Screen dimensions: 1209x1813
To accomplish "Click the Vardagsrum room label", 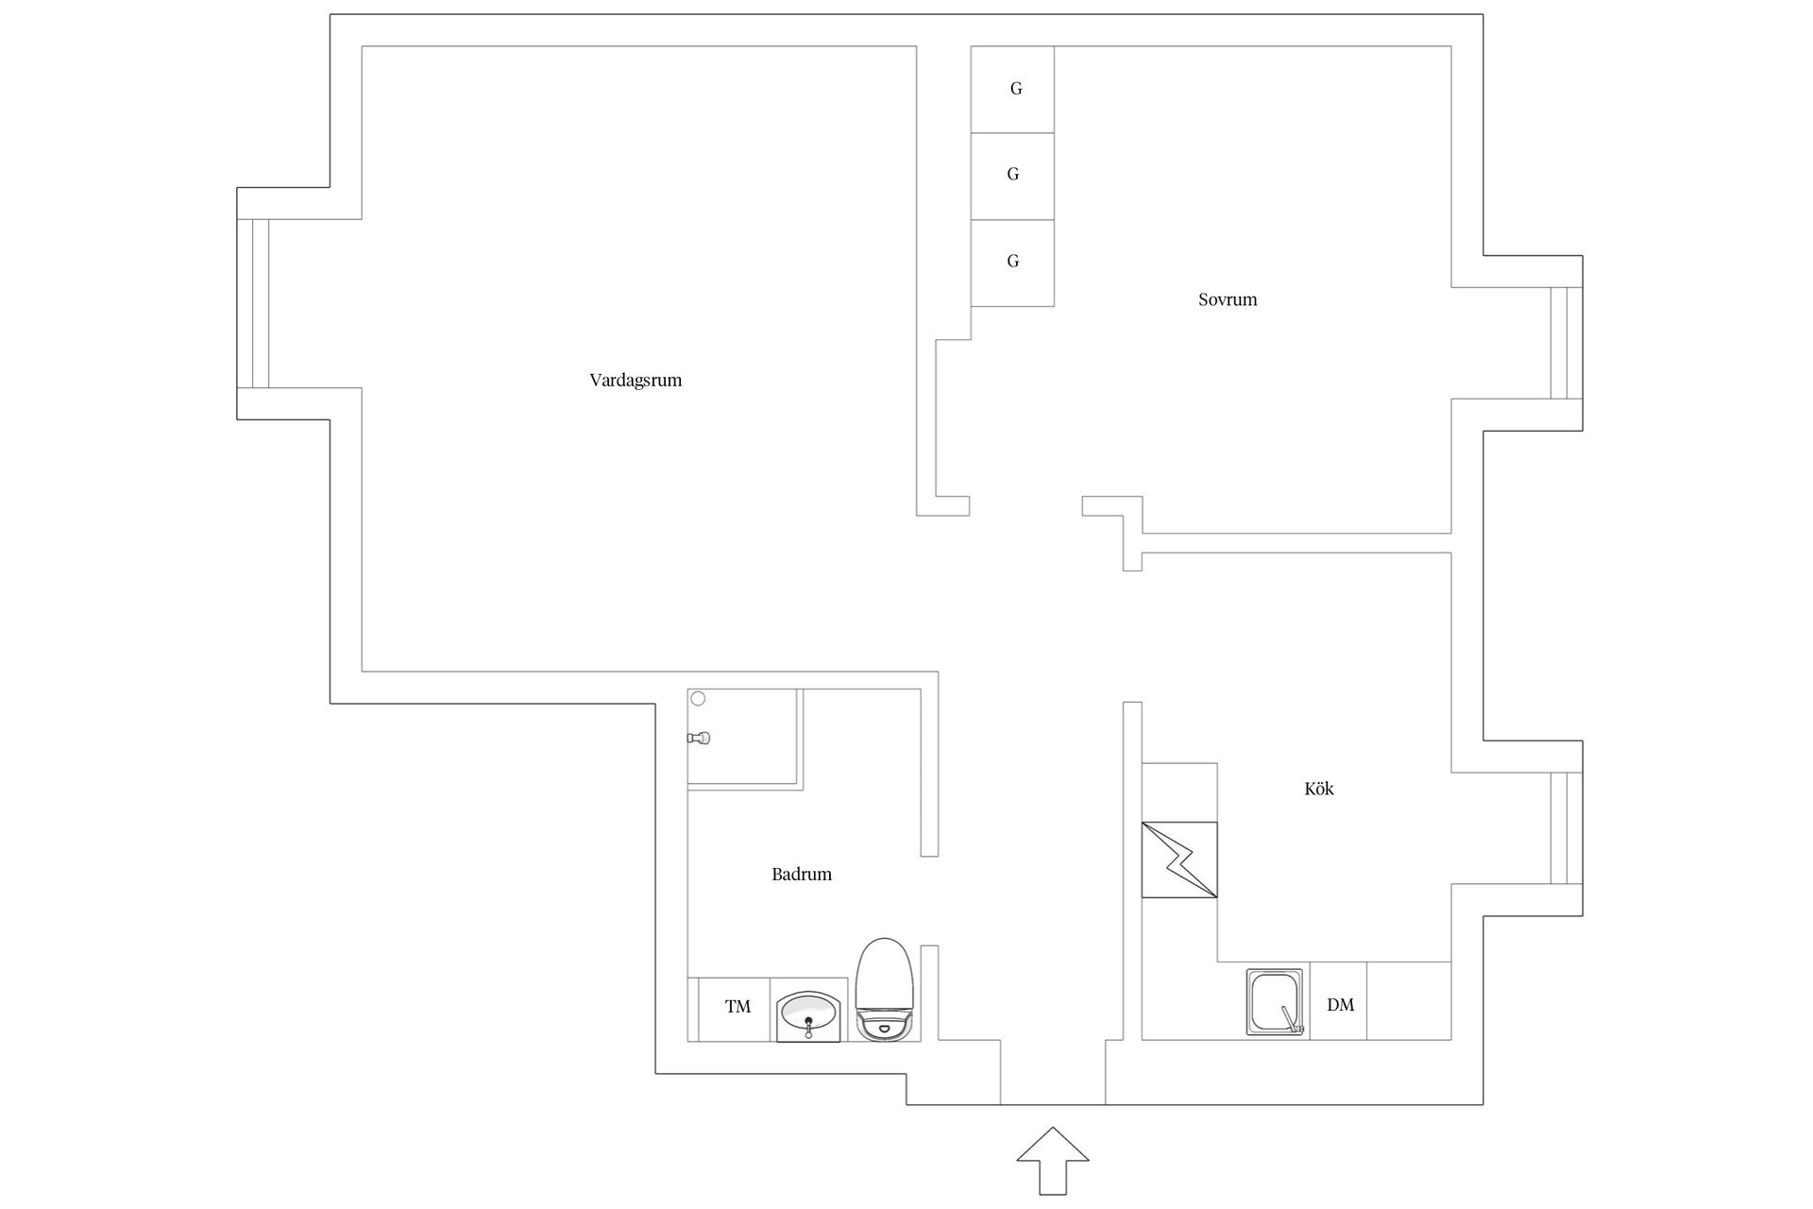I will pos(635,381).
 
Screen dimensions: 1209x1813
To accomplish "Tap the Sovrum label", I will pos(1228,300).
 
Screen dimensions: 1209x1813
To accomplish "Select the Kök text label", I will pos(1319,789).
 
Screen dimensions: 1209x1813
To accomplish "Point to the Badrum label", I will pos(802,875).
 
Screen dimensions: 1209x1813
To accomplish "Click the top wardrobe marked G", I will pos(1013,90).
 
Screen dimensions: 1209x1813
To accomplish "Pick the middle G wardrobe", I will pos(1013,176).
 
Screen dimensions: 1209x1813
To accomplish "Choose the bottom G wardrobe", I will pos(1013,263).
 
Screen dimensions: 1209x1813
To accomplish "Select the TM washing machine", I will pos(737,1008).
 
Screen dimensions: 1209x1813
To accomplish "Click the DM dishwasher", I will pos(1339,1005).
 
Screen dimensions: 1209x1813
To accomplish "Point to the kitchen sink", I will pos(1275,1002).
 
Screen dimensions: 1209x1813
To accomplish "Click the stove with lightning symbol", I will pos(1179,860).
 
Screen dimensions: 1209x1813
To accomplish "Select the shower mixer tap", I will pos(700,738).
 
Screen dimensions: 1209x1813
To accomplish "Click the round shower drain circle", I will pos(698,699).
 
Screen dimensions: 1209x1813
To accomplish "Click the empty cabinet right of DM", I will pos(1409,1001).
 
